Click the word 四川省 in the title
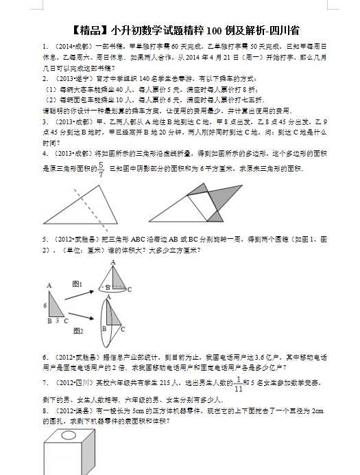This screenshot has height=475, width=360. pyautogui.click(x=283, y=30)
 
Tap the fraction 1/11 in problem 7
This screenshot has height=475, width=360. pyautogui.click(x=238, y=384)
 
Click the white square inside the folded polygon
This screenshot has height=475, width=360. pyautogui.click(x=202, y=203)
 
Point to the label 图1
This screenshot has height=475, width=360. pyautogui.click(x=77, y=283)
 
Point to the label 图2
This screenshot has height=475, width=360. pyautogui.click(x=77, y=331)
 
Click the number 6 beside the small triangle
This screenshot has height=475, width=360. pyautogui.click(x=45, y=305)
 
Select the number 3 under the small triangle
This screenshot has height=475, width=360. pyautogui.click(x=57, y=321)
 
